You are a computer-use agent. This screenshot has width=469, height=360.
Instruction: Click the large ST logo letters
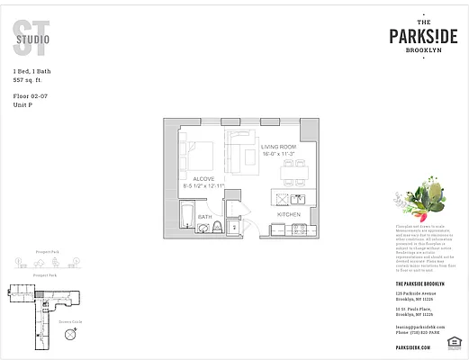[x=25, y=33]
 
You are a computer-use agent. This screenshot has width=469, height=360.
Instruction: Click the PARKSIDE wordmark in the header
[x=423, y=35]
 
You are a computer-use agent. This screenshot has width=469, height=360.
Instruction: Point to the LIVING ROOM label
[x=279, y=147]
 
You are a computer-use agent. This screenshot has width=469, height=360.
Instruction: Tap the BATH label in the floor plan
[x=204, y=217]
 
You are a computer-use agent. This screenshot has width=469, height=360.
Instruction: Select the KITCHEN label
[x=289, y=214]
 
